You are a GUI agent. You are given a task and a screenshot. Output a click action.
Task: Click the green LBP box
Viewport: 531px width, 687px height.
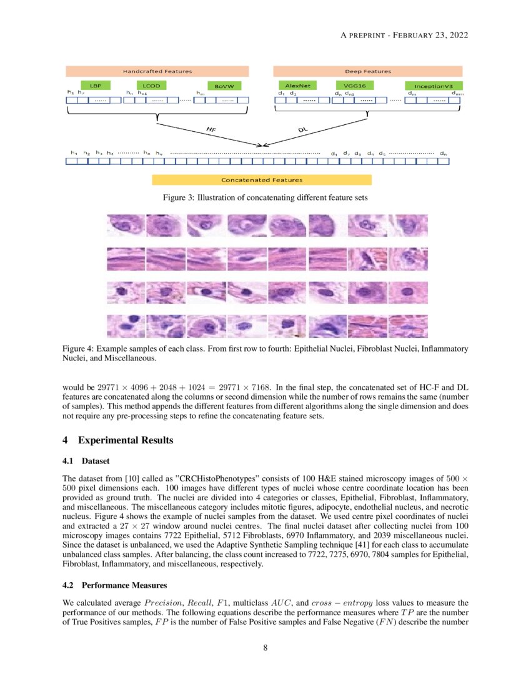pos(96,86)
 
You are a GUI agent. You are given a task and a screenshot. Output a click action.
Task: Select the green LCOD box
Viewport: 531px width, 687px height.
pos(151,86)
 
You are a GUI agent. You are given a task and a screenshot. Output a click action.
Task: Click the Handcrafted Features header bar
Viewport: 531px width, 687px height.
pos(157,71)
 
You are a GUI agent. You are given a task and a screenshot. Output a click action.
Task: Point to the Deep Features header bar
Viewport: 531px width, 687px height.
pos(367,71)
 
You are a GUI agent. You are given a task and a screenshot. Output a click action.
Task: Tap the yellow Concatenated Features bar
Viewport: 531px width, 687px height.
pos(262,180)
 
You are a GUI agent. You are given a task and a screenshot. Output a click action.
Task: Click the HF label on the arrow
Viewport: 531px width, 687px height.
pos(212,129)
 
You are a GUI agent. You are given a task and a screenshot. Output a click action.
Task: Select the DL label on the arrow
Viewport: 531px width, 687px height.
pos(302,129)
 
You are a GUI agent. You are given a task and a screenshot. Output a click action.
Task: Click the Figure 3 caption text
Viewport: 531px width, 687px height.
pos(265,198)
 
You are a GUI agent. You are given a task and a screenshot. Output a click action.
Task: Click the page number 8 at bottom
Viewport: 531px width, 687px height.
pos(265,647)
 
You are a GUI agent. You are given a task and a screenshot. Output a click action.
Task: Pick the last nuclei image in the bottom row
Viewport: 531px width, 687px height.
pos(409,325)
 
